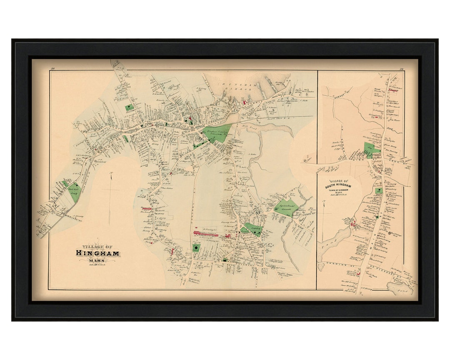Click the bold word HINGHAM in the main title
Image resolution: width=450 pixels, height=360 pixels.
point(97,253)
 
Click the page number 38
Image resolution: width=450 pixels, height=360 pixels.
point(52,68)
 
